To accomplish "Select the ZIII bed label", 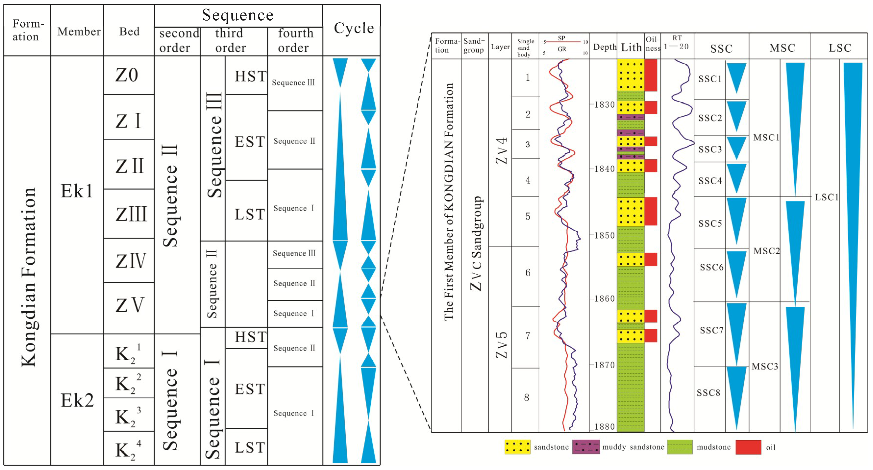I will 131,214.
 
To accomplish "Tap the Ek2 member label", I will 77,400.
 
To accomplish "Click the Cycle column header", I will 353,28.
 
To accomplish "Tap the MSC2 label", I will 766,251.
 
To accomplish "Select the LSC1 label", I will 826,197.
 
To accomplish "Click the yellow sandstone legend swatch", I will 517,447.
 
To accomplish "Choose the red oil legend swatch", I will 748,447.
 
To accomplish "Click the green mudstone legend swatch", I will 679,447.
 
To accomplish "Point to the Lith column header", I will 631,47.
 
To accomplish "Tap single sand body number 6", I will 527,273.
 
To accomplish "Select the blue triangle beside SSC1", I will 736,77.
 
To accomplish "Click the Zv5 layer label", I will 501,345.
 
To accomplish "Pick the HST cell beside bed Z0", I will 250,76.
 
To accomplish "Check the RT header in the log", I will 677,38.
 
